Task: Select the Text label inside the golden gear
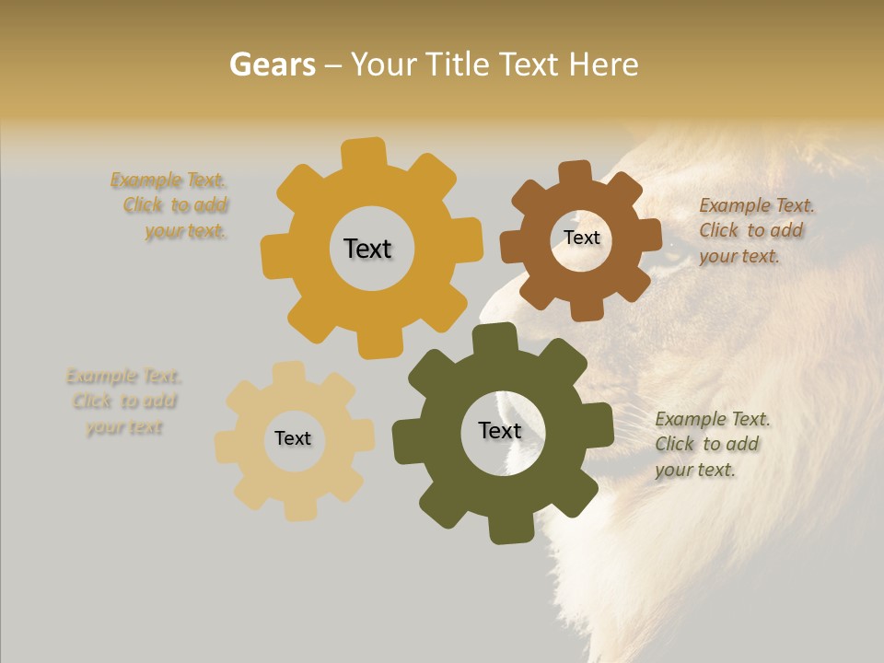click(367, 249)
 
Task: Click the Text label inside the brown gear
click(581, 238)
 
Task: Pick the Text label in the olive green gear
click(499, 430)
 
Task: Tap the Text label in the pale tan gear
click(293, 438)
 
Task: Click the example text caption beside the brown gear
click(755, 230)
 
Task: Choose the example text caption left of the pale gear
click(123, 401)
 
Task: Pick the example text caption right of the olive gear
click(711, 444)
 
